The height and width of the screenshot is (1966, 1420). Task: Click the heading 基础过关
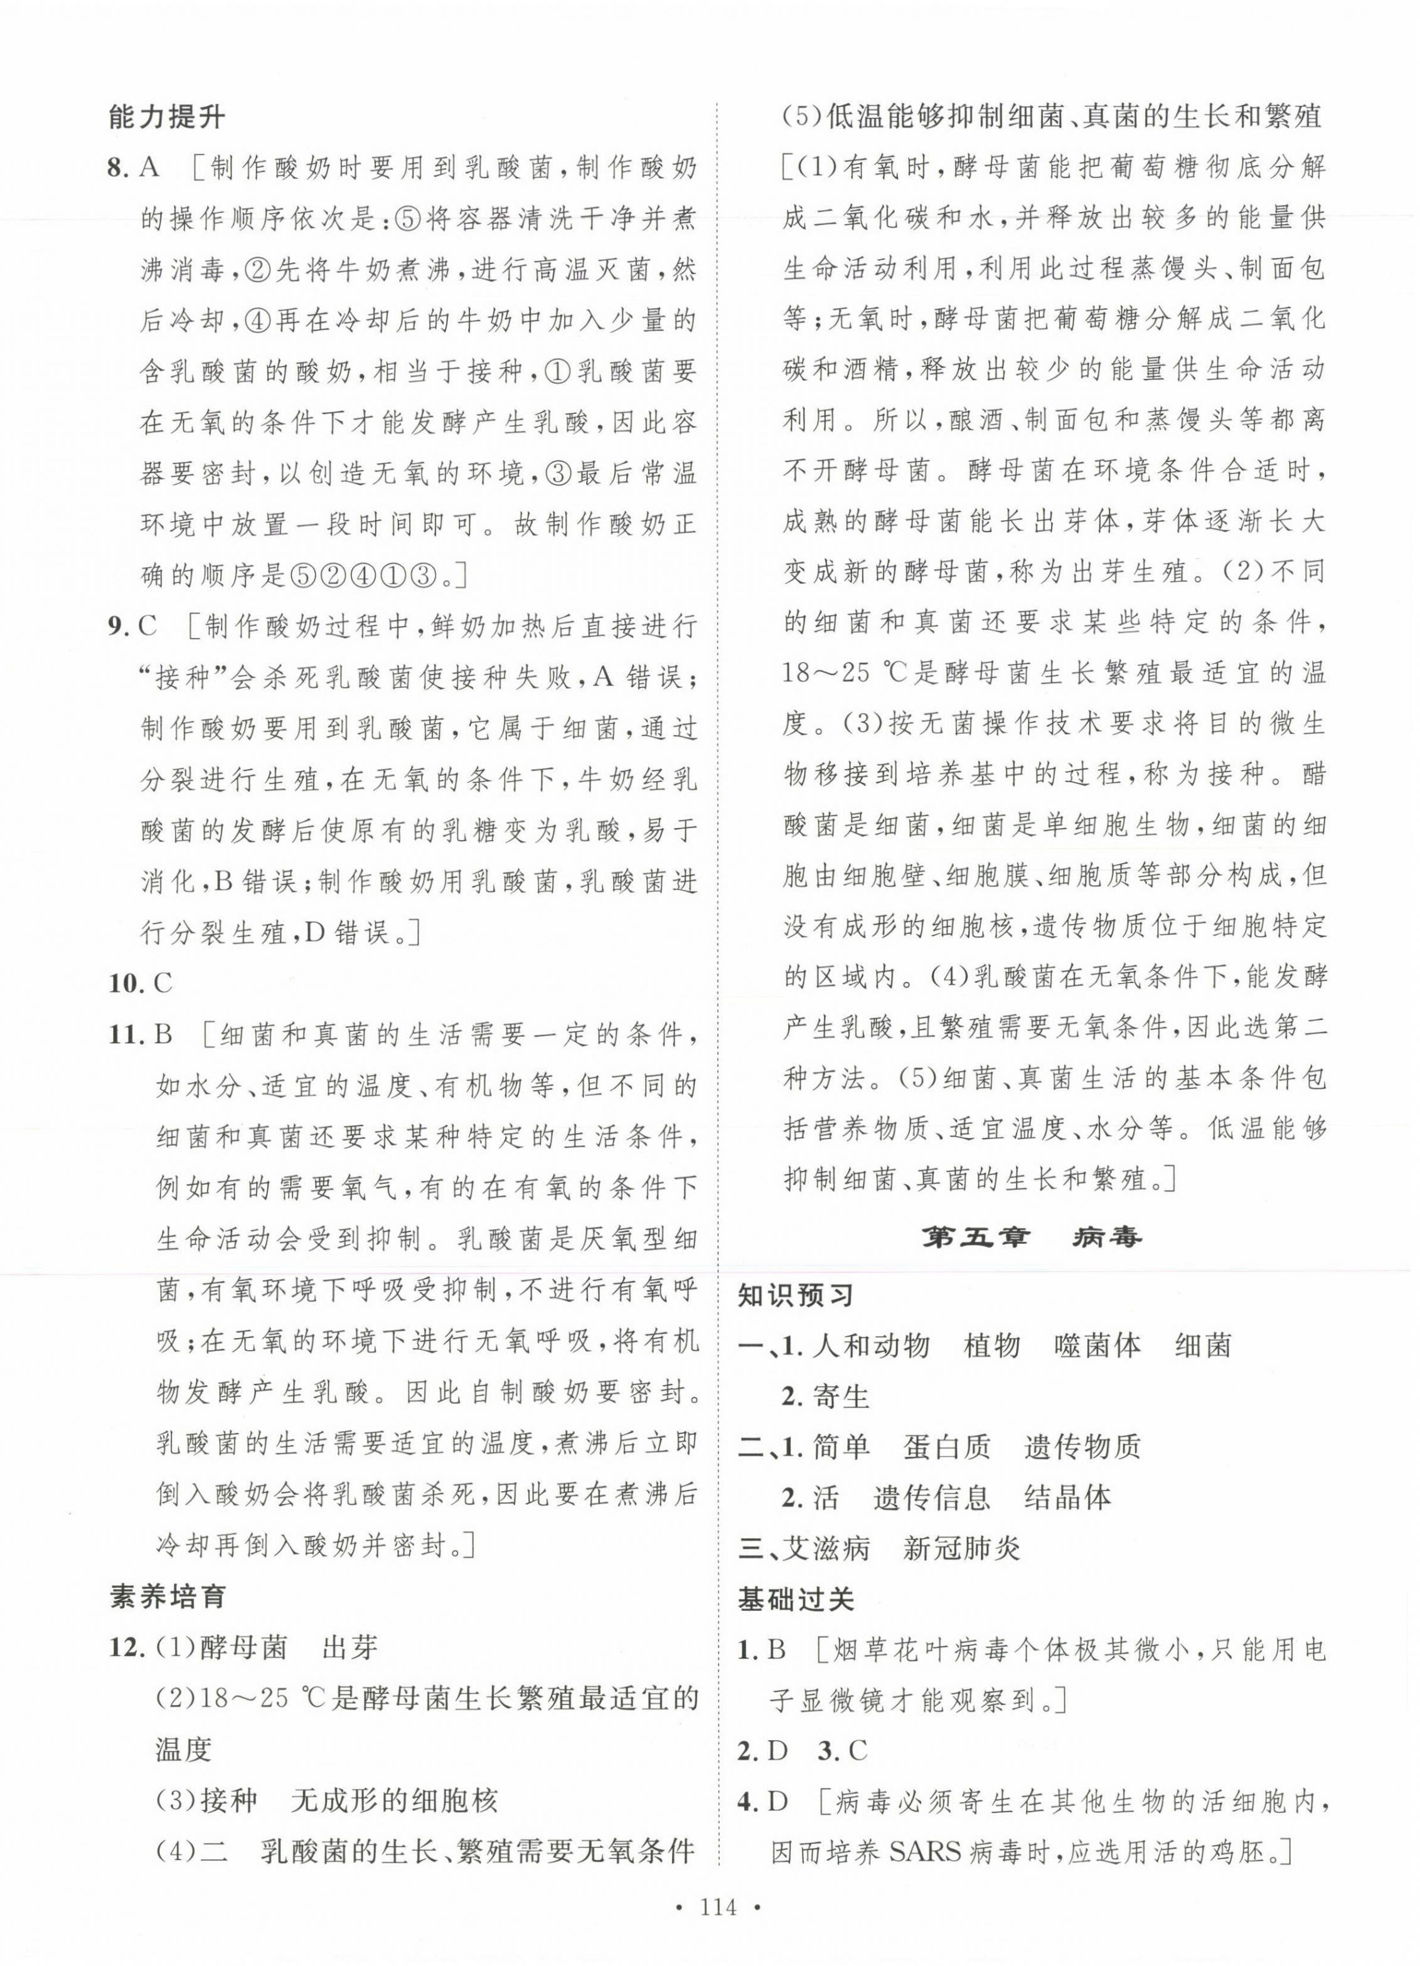click(796, 1598)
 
